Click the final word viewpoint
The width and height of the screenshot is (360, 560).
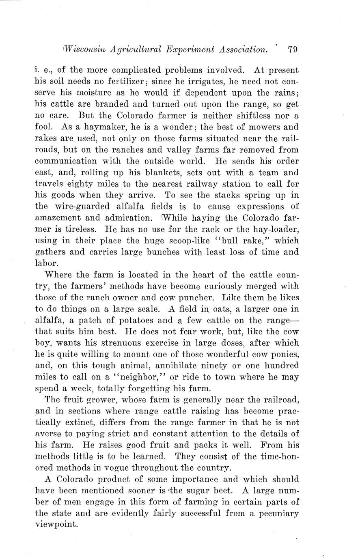[56, 525]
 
